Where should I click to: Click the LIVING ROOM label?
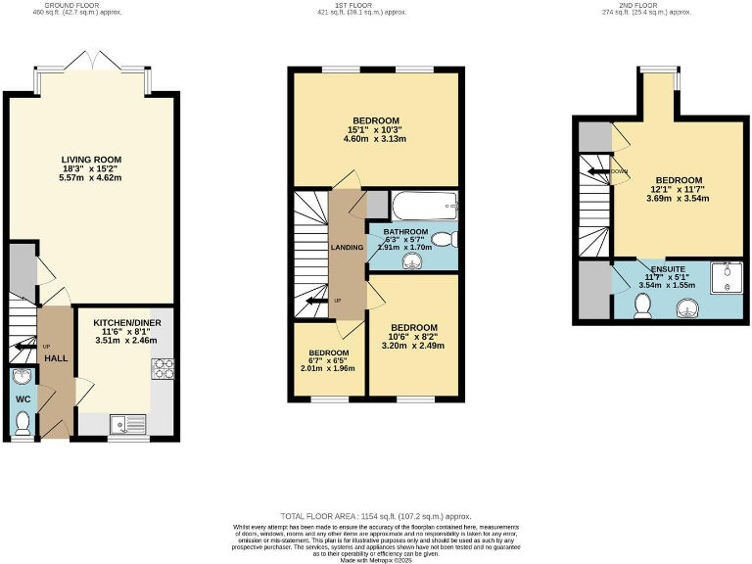tap(91, 160)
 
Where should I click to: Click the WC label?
tap(22, 399)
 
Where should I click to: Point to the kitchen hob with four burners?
tap(163, 369)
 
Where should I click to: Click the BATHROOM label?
tap(405, 232)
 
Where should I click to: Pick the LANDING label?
tap(347, 247)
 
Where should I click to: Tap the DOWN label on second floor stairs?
tap(618, 170)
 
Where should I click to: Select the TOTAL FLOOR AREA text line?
tap(376, 515)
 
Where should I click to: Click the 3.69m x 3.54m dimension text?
tap(678, 199)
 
